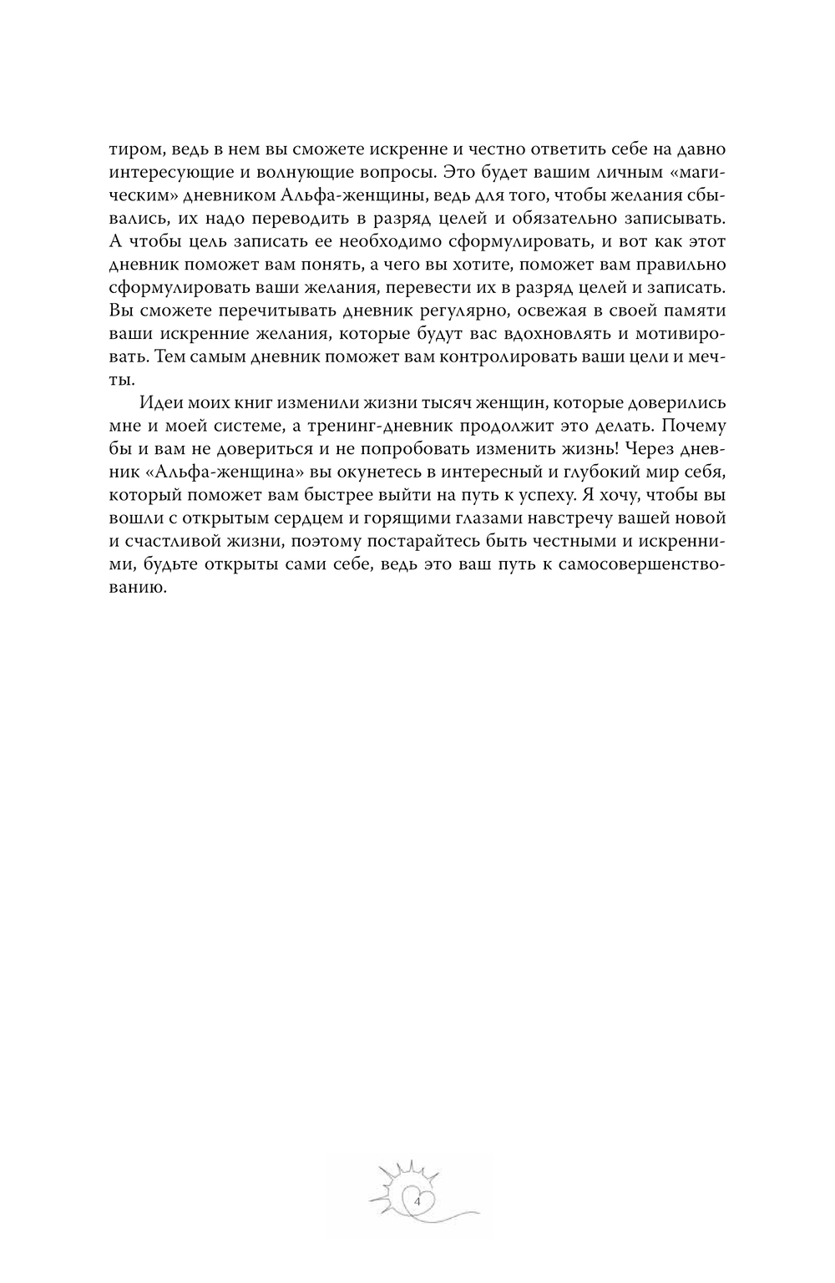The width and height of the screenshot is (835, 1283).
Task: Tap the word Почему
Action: pos(696,424)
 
